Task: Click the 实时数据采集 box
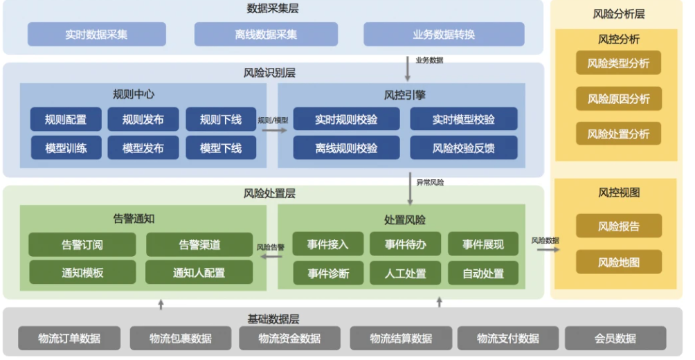coord(97,34)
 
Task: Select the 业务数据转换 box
coord(444,34)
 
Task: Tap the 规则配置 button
coord(66,120)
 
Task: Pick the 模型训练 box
coord(66,147)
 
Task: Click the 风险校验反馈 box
coord(463,147)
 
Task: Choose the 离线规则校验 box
coord(346,147)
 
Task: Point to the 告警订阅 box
coord(82,244)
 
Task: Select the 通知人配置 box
coord(199,272)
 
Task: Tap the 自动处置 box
coord(483,272)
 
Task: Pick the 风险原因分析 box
coord(618,99)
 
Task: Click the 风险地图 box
coord(618,262)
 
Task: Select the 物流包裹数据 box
coord(180,339)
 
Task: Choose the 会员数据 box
coord(615,339)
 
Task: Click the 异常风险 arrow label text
coord(430,183)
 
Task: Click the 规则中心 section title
coord(134,94)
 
